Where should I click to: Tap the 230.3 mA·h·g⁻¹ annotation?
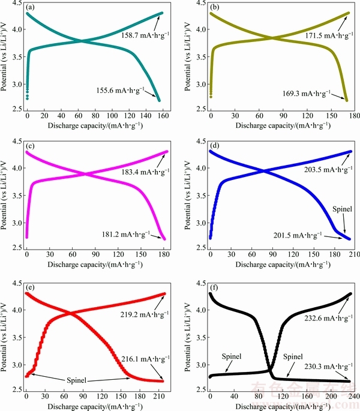(319, 367)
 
